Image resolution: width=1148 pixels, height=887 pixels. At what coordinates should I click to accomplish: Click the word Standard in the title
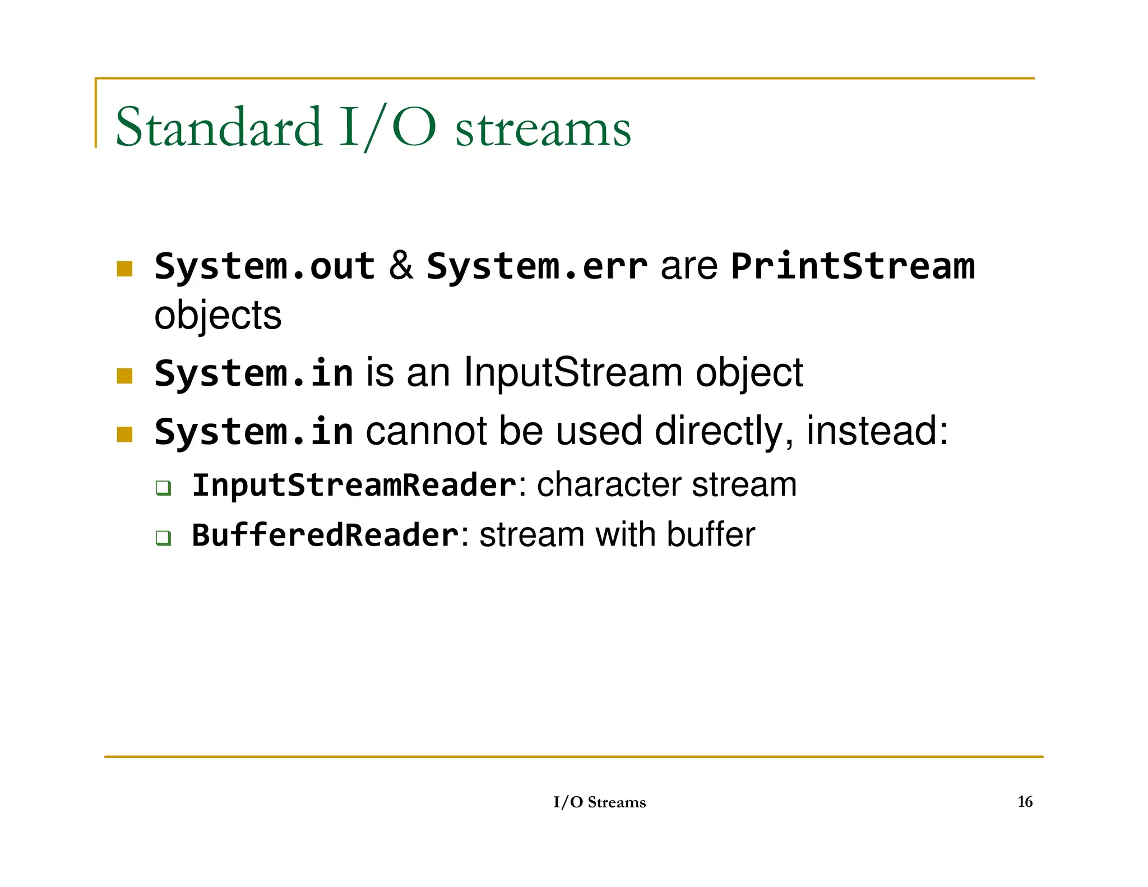pyautogui.click(x=219, y=127)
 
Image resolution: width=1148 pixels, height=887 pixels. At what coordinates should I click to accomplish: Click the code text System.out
pyautogui.click(x=264, y=266)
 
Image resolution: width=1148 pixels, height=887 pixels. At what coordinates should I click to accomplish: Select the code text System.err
pyautogui.click(x=536, y=266)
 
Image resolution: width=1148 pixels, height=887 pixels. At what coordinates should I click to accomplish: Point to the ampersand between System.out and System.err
pyautogui.click(x=401, y=266)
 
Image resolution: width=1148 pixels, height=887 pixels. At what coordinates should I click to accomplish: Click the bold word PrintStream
pyautogui.click(x=853, y=266)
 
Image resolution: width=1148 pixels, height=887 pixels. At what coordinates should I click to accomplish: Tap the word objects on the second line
pyautogui.click(x=217, y=316)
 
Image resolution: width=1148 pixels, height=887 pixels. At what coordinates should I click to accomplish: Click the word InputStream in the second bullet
pyautogui.click(x=573, y=372)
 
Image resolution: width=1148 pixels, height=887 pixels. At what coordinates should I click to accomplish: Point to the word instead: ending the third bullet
pyautogui.click(x=877, y=431)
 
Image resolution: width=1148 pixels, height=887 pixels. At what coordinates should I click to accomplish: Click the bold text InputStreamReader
pyautogui.click(x=354, y=485)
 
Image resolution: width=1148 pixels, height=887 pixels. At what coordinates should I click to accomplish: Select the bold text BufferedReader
pyautogui.click(x=325, y=535)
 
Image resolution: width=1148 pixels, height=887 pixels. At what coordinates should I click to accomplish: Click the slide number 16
pyautogui.click(x=1025, y=802)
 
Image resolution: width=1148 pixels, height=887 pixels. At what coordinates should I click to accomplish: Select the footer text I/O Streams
pyautogui.click(x=599, y=802)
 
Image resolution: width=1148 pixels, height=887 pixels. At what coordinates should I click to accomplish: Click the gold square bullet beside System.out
pyautogui.click(x=124, y=269)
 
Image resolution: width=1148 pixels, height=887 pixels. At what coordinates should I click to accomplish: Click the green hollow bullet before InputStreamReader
pyautogui.click(x=163, y=488)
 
